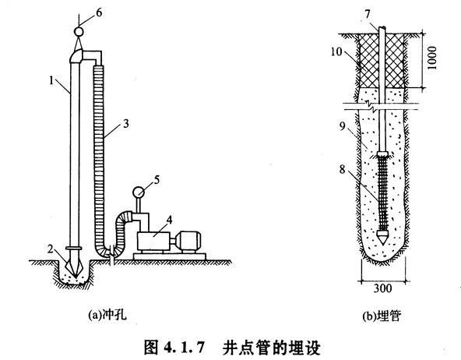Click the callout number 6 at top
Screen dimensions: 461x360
click(x=99, y=13)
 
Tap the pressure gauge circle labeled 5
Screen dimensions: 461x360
click(x=138, y=192)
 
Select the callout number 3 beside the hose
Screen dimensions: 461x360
click(x=126, y=124)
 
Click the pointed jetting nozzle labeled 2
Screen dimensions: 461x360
click(x=76, y=266)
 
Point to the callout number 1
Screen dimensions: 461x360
click(x=51, y=80)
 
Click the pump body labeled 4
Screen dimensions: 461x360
click(x=153, y=242)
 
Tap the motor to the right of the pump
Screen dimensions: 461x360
click(x=188, y=242)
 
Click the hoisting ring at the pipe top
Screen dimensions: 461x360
click(x=79, y=31)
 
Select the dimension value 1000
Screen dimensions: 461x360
click(x=432, y=58)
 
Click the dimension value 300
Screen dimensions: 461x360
click(x=383, y=288)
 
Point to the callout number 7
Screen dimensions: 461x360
click(x=368, y=14)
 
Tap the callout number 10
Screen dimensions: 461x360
click(x=336, y=51)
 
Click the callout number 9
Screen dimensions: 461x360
click(x=342, y=126)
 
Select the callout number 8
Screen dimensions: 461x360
click(x=342, y=169)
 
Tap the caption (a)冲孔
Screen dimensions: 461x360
click(x=107, y=315)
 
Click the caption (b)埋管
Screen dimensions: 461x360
click(x=382, y=316)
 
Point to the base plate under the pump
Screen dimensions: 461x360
click(x=170, y=256)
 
